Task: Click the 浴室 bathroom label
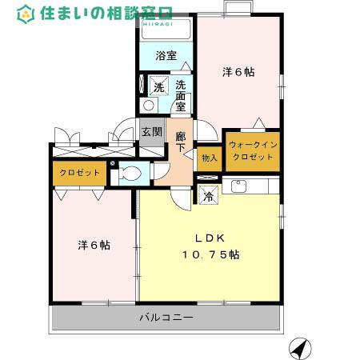click(x=165, y=56)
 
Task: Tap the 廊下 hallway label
click(x=181, y=142)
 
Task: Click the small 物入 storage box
click(x=209, y=158)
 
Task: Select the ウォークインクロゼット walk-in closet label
click(x=251, y=150)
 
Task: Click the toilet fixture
click(x=131, y=173)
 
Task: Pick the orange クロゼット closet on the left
click(x=79, y=173)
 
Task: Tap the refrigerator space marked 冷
click(x=209, y=195)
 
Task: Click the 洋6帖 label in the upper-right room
click(x=238, y=72)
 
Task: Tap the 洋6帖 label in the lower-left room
click(x=94, y=245)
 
